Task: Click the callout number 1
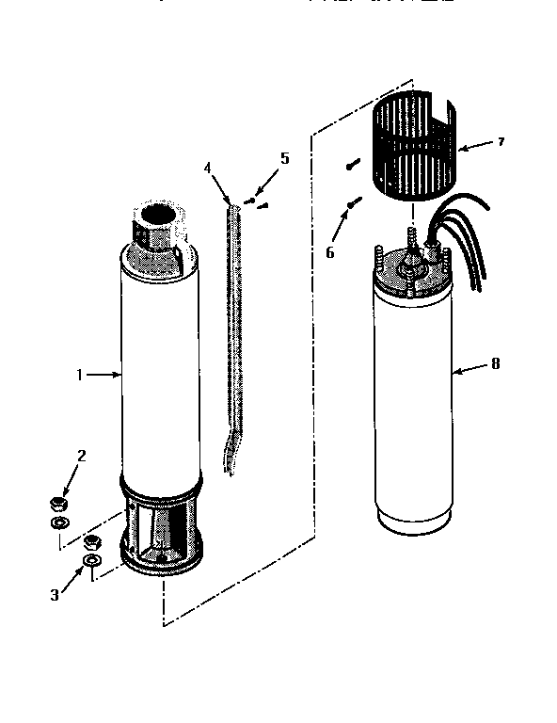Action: pyautogui.click(x=81, y=375)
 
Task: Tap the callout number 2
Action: pyautogui.click(x=82, y=457)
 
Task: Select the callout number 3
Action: pyautogui.click(x=56, y=595)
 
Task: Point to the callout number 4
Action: pyautogui.click(x=208, y=169)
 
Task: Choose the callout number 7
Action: pyautogui.click(x=501, y=142)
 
